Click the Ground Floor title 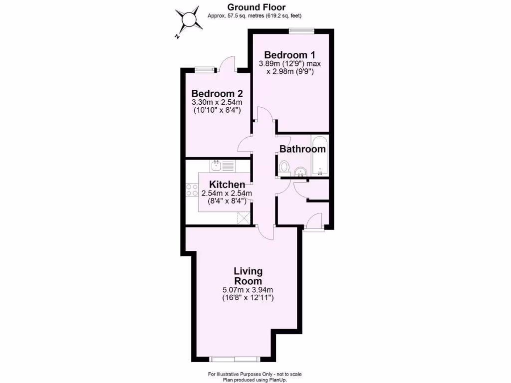tap(256, 7)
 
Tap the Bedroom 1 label tap(289, 54)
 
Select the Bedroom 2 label tap(217, 93)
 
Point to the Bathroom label tap(302, 149)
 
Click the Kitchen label tap(227, 184)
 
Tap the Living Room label tap(248, 276)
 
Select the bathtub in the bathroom tap(319, 155)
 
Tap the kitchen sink tap(217, 166)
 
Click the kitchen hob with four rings tap(192, 190)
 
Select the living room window tap(235, 359)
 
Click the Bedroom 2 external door tap(227, 63)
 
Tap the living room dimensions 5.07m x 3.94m tap(248, 290)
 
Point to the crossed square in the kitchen tap(243, 217)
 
